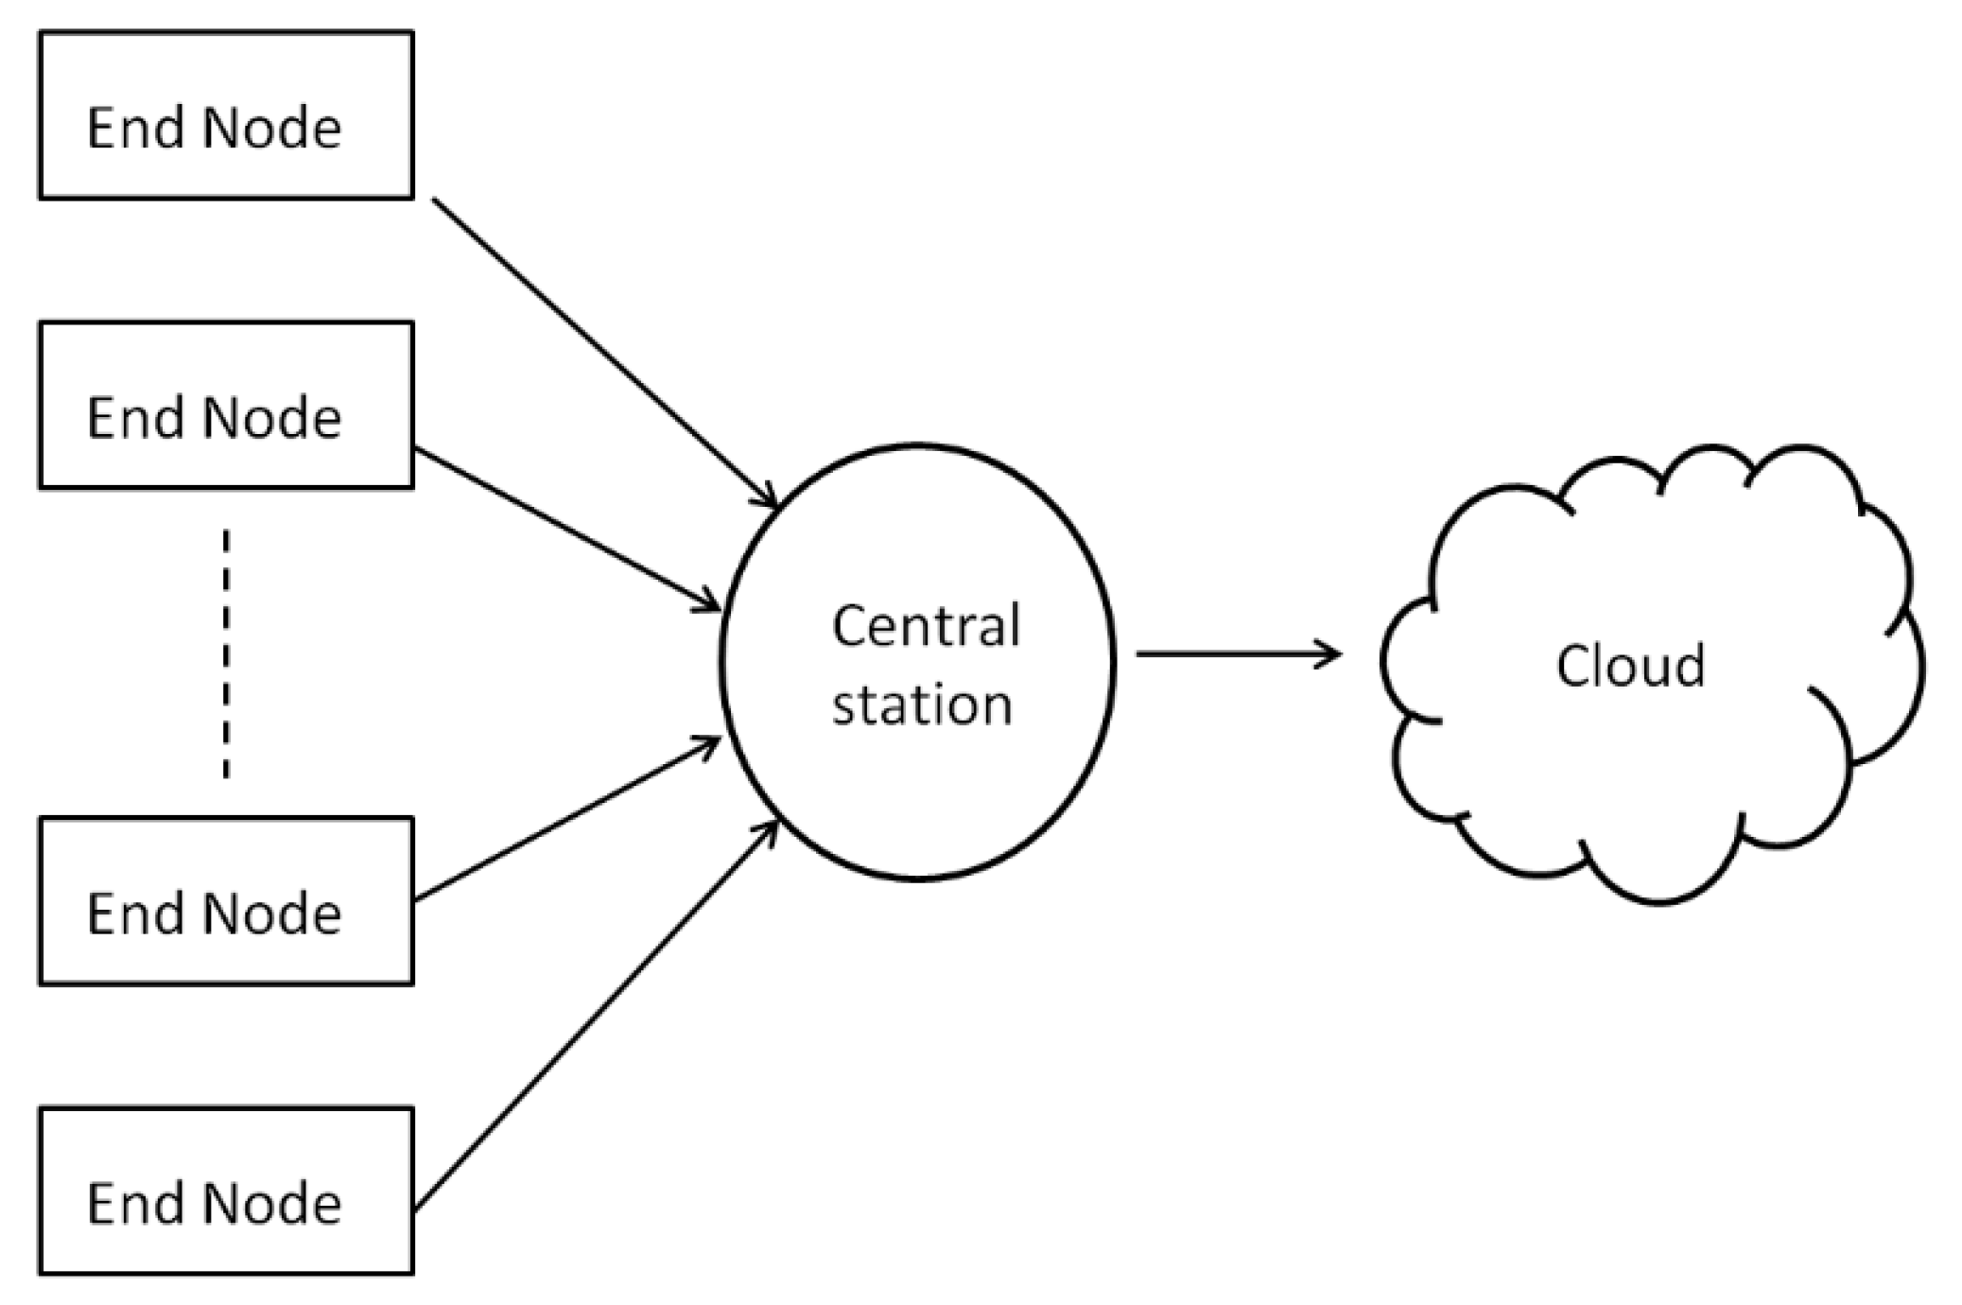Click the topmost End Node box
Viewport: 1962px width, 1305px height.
pyautogui.click(x=225, y=115)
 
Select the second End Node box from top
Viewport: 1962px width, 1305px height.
pyautogui.click(x=225, y=405)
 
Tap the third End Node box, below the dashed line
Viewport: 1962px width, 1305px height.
pyautogui.click(x=225, y=900)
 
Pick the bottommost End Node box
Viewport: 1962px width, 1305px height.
pyautogui.click(x=225, y=1190)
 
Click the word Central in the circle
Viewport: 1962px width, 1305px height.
pyautogui.click(x=925, y=625)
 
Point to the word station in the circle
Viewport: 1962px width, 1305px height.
pyautogui.click(x=921, y=705)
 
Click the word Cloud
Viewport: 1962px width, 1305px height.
pyautogui.click(x=1630, y=666)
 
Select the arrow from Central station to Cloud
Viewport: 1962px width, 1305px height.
pyautogui.click(x=1229, y=652)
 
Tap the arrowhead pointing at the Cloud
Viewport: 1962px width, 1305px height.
pyautogui.click(x=1331, y=652)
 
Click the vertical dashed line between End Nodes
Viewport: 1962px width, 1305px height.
pyautogui.click(x=225, y=652)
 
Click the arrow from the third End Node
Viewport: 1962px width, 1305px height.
pyautogui.click(x=567, y=820)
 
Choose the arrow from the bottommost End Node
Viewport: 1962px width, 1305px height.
pyautogui.click(x=596, y=1017)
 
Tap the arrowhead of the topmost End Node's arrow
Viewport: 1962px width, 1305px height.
pyautogui.click(x=768, y=498)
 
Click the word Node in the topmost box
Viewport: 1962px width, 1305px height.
pyautogui.click(x=271, y=128)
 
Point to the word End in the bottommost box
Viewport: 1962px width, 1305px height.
pyautogui.click(x=133, y=1203)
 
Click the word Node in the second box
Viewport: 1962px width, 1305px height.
pyautogui.click(x=271, y=417)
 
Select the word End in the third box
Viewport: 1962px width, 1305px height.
pyautogui.click(x=133, y=913)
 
